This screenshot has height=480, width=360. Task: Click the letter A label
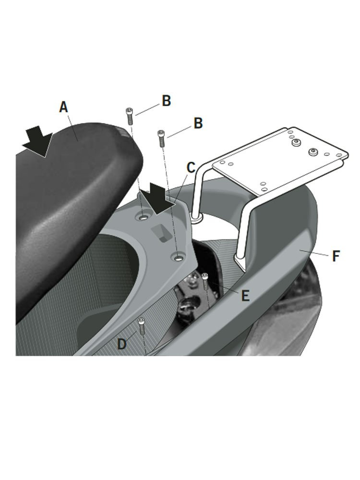click(63, 107)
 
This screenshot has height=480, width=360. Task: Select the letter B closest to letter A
click(166, 101)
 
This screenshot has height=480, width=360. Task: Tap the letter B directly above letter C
click(198, 123)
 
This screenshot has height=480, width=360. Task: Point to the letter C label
click(191, 168)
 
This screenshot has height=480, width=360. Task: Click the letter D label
click(122, 344)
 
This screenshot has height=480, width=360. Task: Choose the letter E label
click(245, 296)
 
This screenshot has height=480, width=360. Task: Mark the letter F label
click(336, 256)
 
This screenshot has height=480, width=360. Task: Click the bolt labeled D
click(142, 326)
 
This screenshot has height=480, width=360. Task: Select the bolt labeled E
click(205, 280)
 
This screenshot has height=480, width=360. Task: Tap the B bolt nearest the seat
click(129, 116)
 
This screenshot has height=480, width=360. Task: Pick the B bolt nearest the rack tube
click(161, 138)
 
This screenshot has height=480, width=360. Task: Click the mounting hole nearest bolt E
click(178, 258)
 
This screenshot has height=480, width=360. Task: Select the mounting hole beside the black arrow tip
click(143, 217)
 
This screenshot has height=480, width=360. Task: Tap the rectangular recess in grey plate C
click(161, 232)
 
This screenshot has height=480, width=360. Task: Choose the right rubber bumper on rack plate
click(313, 152)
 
